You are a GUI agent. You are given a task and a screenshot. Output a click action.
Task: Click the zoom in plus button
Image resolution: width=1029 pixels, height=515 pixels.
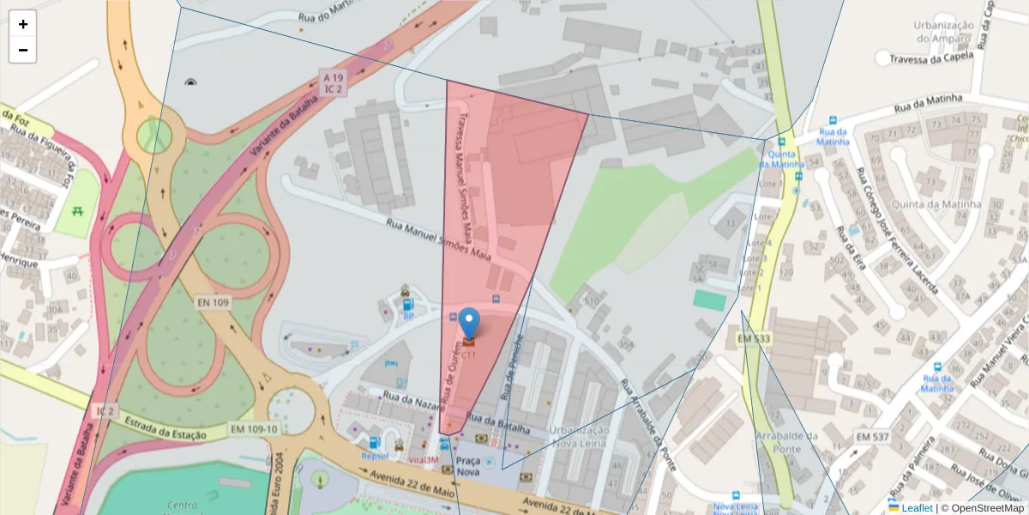tap(23, 24)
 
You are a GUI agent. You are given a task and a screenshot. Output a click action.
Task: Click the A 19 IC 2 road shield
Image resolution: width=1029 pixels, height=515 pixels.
tap(333, 82)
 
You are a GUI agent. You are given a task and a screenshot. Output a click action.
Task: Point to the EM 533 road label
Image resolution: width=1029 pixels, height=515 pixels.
tap(754, 340)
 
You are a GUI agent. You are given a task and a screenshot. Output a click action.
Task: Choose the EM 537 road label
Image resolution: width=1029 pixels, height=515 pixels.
tap(873, 438)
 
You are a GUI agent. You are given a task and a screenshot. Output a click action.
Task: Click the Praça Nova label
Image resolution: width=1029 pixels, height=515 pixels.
tap(467, 466)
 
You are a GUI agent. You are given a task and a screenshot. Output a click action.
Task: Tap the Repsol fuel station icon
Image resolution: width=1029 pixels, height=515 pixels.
tap(374, 443)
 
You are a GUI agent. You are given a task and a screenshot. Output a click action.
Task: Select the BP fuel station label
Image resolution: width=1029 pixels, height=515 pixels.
tap(409, 316)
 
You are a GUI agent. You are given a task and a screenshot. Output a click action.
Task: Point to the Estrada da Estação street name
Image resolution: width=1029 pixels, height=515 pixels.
tap(165, 428)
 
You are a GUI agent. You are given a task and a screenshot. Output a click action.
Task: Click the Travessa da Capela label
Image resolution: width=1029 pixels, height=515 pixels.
tap(930, 58)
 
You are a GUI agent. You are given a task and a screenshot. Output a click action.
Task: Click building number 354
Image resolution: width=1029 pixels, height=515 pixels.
tap(627, 345)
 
